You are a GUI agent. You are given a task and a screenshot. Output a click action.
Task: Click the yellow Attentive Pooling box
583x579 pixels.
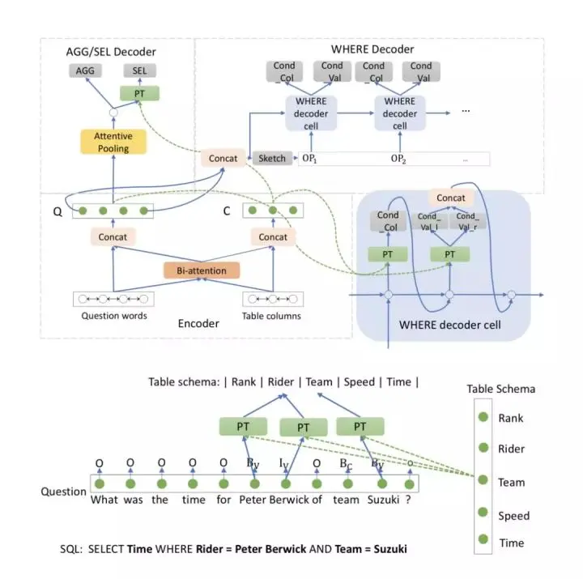(113, 143)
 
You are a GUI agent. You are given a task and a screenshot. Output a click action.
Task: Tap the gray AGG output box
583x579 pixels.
(85, 71)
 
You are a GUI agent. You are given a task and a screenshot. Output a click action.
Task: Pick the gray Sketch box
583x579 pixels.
(272, 158)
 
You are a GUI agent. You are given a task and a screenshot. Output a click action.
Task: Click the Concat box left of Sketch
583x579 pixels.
(223, 158)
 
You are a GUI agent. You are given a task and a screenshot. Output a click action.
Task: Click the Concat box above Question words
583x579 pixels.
(113, 236)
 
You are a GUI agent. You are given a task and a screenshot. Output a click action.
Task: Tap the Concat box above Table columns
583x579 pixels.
(273, 236)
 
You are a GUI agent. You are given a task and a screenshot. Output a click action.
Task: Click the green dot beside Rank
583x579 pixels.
(483, 418)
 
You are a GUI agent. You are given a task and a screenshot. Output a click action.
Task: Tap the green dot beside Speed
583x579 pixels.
(483, 514)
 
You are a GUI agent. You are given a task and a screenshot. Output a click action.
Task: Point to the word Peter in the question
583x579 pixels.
(253, 500)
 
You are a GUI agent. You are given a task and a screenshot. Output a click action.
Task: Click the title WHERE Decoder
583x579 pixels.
(372, 49)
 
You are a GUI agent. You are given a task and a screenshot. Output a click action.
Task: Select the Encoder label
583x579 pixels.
(198, 323)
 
